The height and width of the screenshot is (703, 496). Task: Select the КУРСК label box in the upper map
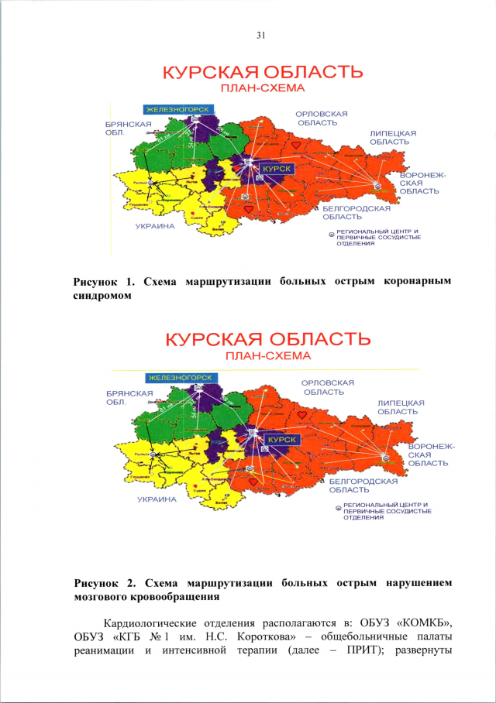click(277, 166)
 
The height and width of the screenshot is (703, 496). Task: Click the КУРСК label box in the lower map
click(283, 439)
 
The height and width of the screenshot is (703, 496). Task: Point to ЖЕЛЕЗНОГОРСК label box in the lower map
click(181, 377)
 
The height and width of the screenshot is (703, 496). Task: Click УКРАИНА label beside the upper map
click(155, 227)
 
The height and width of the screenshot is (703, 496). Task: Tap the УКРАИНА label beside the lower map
click(157, 499)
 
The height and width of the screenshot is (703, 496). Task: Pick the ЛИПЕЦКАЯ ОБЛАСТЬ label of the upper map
click(393, 138)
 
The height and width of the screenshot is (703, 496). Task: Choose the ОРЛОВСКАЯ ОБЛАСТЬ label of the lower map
click(328, 387)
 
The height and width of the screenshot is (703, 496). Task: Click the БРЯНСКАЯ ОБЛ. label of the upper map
click(123, 128)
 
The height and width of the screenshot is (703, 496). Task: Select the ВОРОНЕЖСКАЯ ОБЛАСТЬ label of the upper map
click(419, 183)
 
